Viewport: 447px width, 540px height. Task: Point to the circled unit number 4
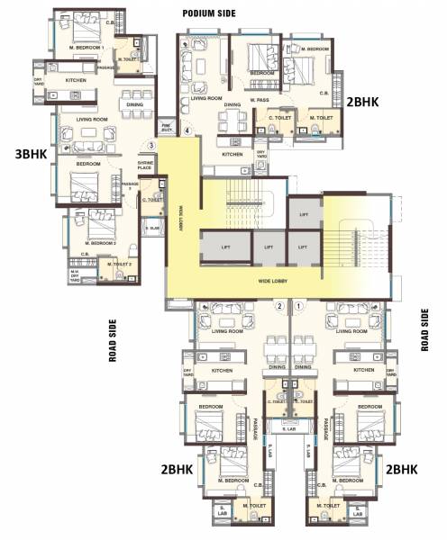point(187,131)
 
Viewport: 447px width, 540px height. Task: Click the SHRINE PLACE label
point(144,165)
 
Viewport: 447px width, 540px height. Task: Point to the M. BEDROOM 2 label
point(96,243)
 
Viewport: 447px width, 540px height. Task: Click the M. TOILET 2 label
point(121,264)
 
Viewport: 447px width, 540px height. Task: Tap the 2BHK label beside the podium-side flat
point(369,103)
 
